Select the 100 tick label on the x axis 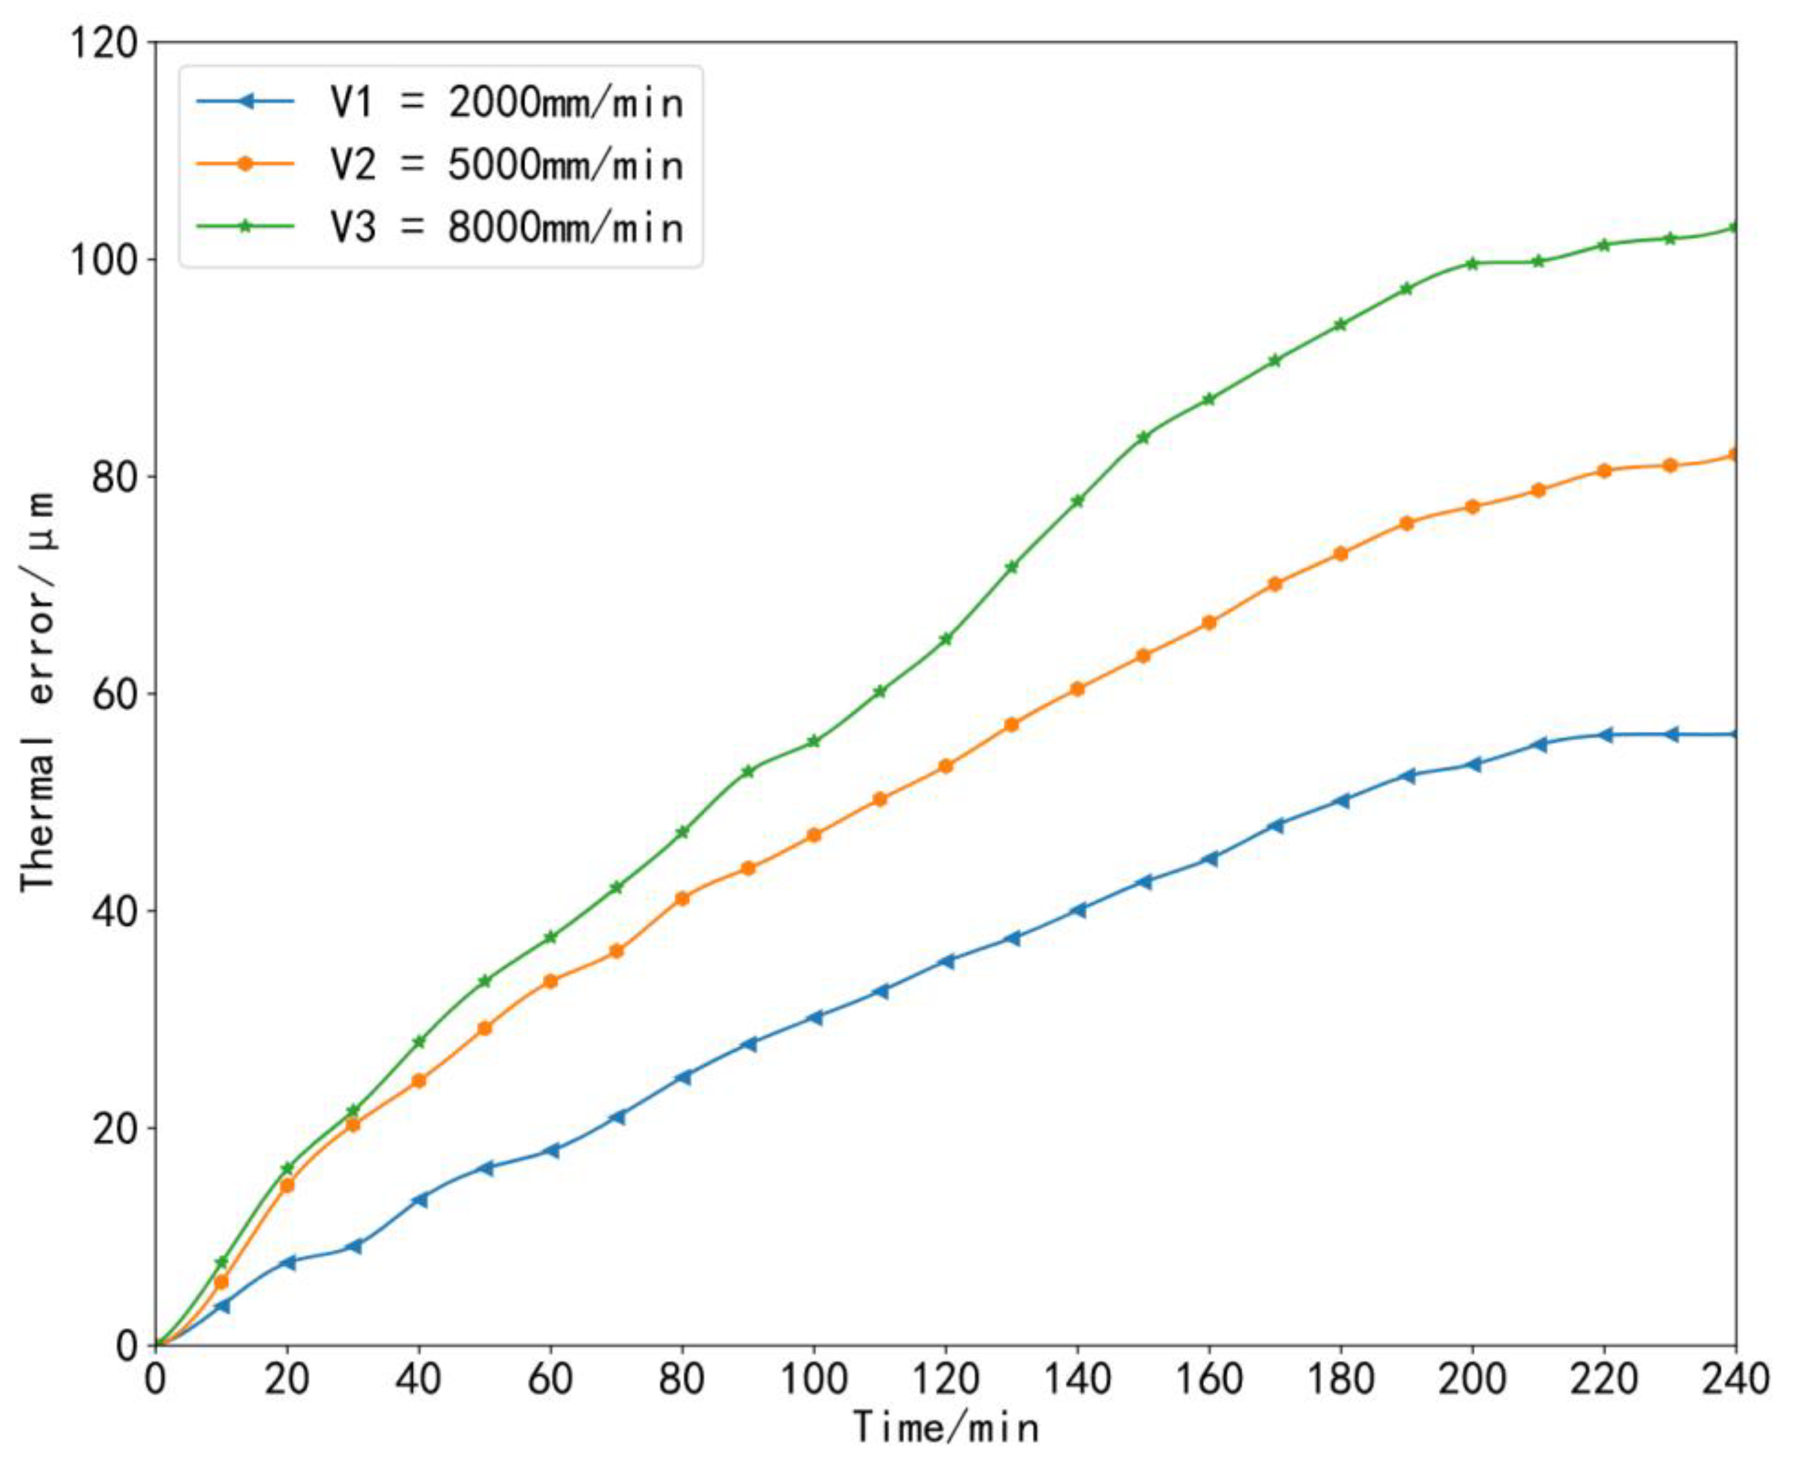[814, 1378]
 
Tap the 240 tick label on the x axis [1734, 1378]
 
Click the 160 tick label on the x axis [1209, 1378]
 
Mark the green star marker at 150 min [1143, 437]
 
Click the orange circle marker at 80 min [681, 898]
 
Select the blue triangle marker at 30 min [355, 1246]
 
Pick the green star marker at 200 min [1472, 263]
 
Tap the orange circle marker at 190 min [1406, 523]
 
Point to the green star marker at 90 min [748, 771]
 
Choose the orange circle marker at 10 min [221, 1282]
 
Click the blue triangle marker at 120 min [946, 961]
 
